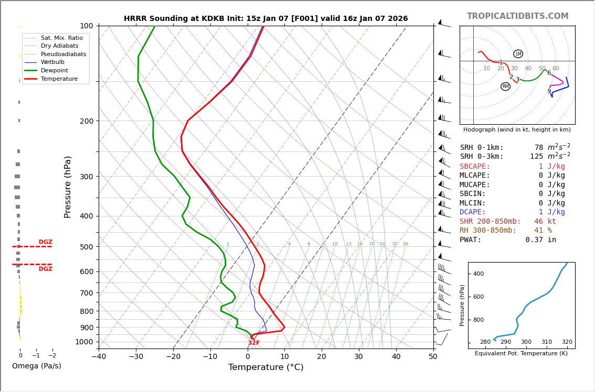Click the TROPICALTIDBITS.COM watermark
coord(517,16)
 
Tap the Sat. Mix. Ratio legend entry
coord(61,38)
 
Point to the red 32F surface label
coord(253,343)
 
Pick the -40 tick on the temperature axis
coord(99,357)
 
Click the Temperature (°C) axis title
coord(265,367)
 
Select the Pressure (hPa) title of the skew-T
coord(68,187)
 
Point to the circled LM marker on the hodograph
coord(518,54)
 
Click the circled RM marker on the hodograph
coord(505,86)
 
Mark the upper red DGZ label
coord(45,242)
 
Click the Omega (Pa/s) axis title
coord(36,366)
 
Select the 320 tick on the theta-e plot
coord(567,342)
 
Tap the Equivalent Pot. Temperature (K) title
coord(517,353)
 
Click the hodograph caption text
coord(517,129)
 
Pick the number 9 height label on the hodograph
coord(549,91)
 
